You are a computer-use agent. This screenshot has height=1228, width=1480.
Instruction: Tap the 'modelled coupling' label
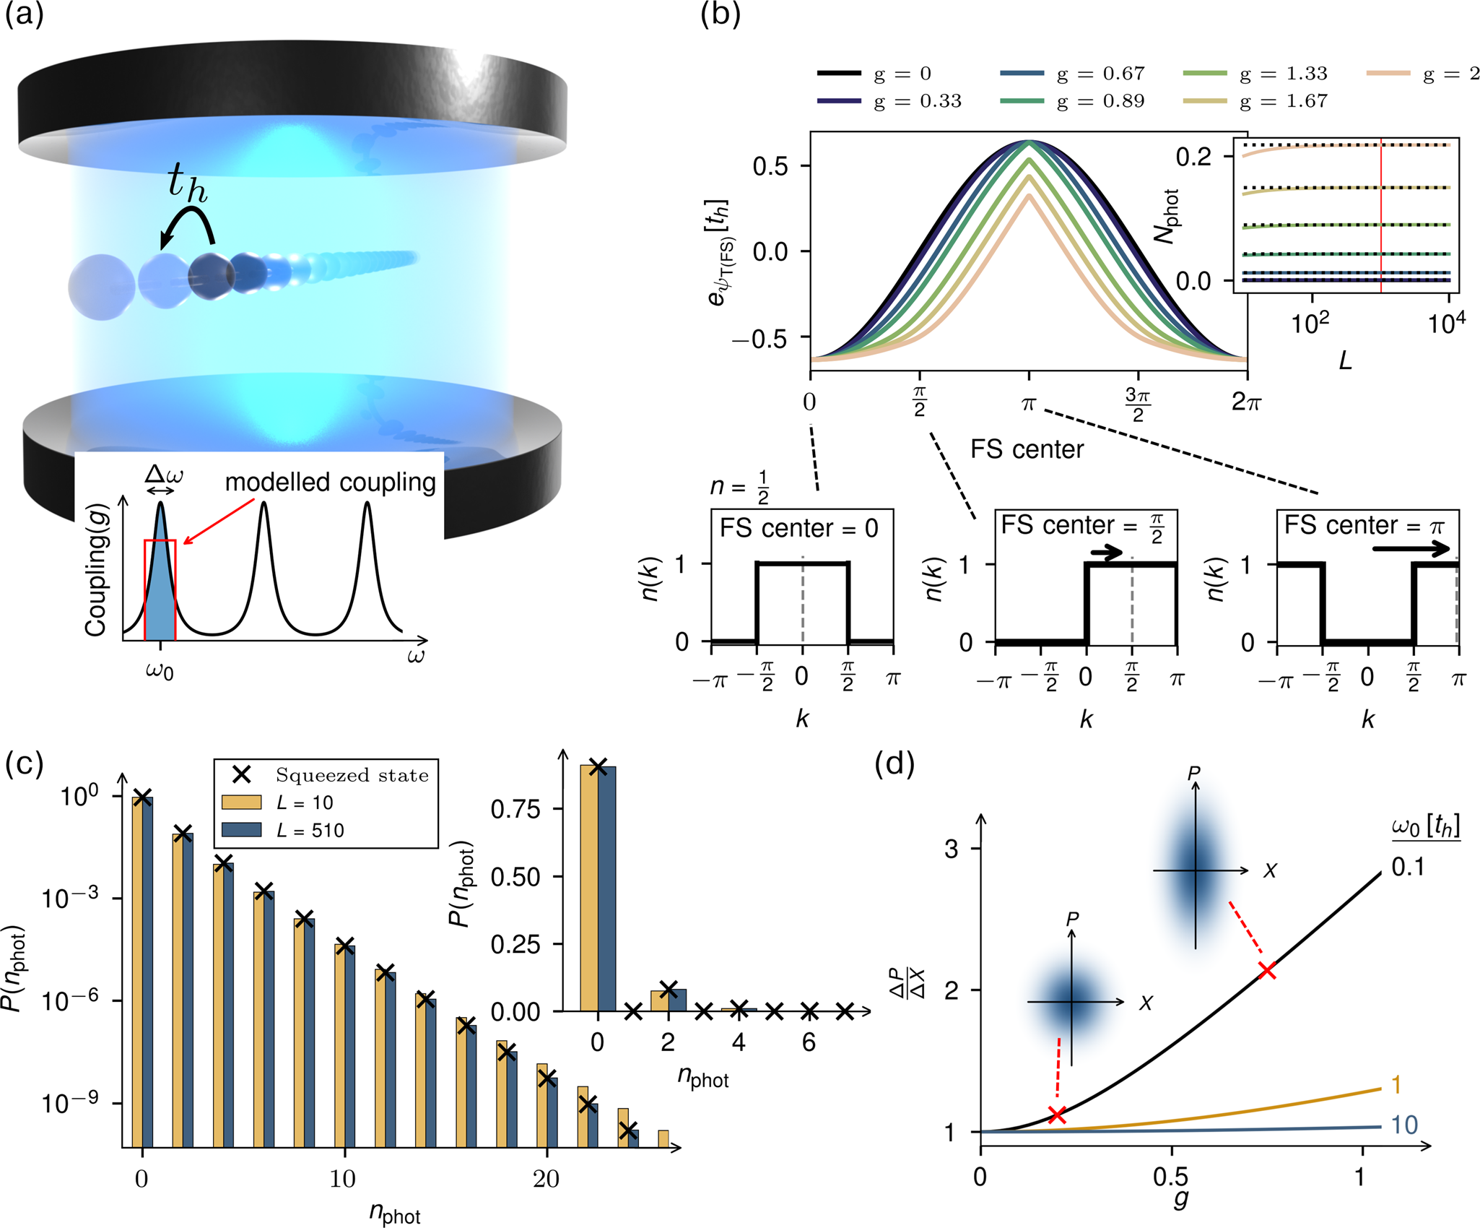(330, 483)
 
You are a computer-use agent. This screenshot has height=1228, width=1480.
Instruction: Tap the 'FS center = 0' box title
(798, 528)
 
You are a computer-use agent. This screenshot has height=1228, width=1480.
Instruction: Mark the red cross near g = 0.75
(1267, 971)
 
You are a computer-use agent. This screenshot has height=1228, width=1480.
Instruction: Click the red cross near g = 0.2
(1057, 1115)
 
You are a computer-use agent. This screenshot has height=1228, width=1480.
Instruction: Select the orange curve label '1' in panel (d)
(1396, 1084)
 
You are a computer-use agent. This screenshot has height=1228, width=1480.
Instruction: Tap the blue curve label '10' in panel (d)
(1403, 1125)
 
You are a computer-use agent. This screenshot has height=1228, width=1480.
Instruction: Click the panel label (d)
(894, 764)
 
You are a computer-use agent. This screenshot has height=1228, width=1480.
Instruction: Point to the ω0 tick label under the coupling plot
(160, 670)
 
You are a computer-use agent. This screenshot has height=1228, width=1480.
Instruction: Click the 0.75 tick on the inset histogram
(515, 809)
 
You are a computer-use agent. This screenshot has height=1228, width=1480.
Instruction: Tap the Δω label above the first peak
(164, 475)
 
